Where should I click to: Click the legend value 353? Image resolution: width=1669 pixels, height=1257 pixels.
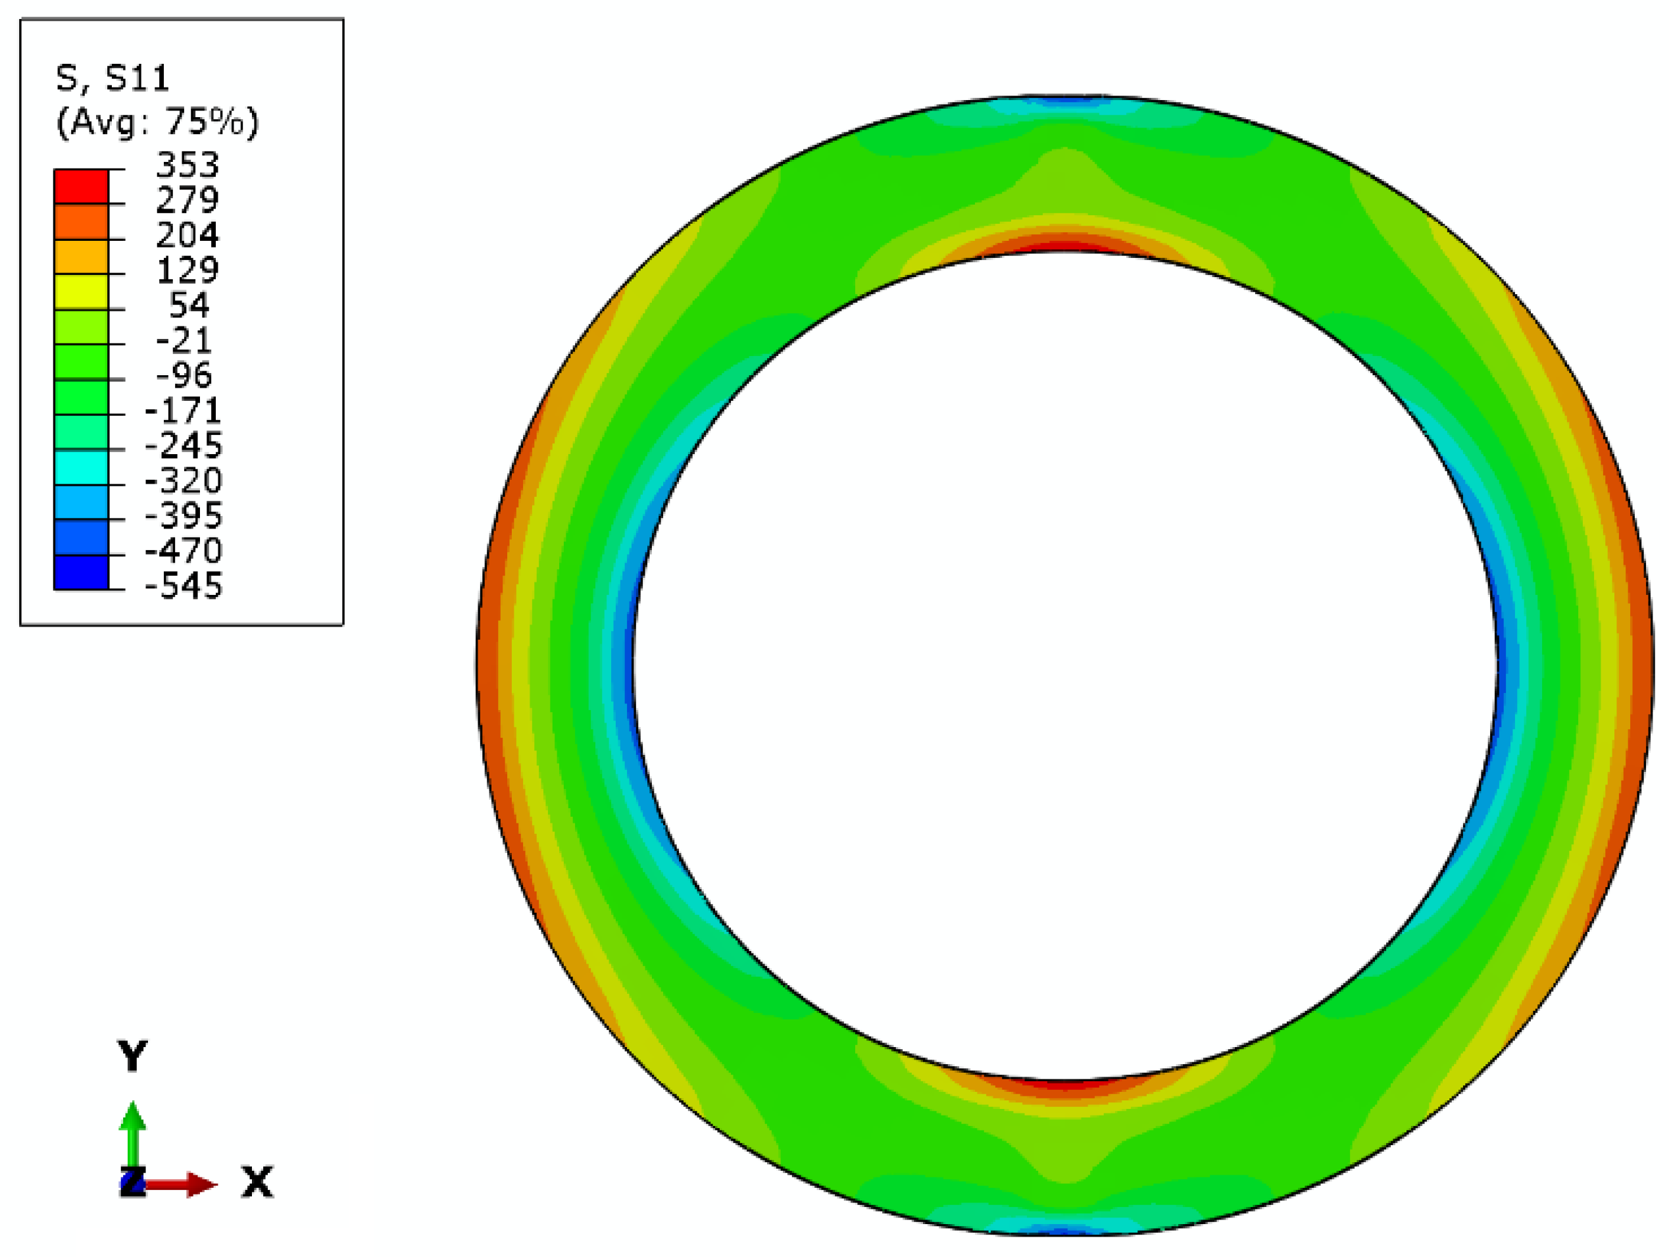[187, 165]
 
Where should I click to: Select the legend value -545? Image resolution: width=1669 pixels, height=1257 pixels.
[184, 586]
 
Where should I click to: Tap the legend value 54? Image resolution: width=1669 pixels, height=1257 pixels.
[189, 305]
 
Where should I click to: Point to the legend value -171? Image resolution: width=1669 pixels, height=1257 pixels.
[184, 411]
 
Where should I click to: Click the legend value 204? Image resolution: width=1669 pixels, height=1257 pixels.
[187, 235]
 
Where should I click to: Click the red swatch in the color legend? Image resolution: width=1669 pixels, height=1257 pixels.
[81, 186]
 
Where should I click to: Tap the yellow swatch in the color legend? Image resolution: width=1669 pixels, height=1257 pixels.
[81, 292]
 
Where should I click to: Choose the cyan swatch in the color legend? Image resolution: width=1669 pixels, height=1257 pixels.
[81, 467]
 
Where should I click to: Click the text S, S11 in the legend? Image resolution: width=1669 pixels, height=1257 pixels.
[112, 78]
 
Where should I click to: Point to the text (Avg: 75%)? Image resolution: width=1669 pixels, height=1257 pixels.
[157, 122]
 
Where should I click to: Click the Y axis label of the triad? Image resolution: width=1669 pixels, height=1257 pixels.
[132, 1056]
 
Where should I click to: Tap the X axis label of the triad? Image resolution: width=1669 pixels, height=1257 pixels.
[257, 1181]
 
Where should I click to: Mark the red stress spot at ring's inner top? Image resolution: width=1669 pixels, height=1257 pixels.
[1064, 246]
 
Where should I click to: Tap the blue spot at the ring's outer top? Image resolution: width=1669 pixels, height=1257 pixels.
[1064, 101]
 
